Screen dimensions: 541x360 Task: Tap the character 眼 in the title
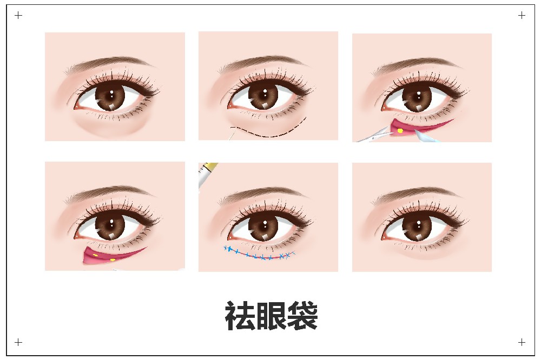click(271, 316)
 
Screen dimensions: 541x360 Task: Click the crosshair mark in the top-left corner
click(18, 15)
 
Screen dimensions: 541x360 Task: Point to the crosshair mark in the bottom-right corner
click(522, 342)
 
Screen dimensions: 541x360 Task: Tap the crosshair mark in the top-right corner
click(522, 15)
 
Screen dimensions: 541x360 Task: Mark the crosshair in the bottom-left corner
click(18, 342)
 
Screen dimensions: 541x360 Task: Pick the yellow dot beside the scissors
click(400, 131)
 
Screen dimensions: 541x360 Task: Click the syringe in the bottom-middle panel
click(207, 174)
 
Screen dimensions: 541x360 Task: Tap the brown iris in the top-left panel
click(110, 96)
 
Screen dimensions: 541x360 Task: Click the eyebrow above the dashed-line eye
click(262, 64)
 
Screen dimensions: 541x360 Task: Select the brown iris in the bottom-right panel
click(417, 226)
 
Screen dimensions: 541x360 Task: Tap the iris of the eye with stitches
click(263, 226)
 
